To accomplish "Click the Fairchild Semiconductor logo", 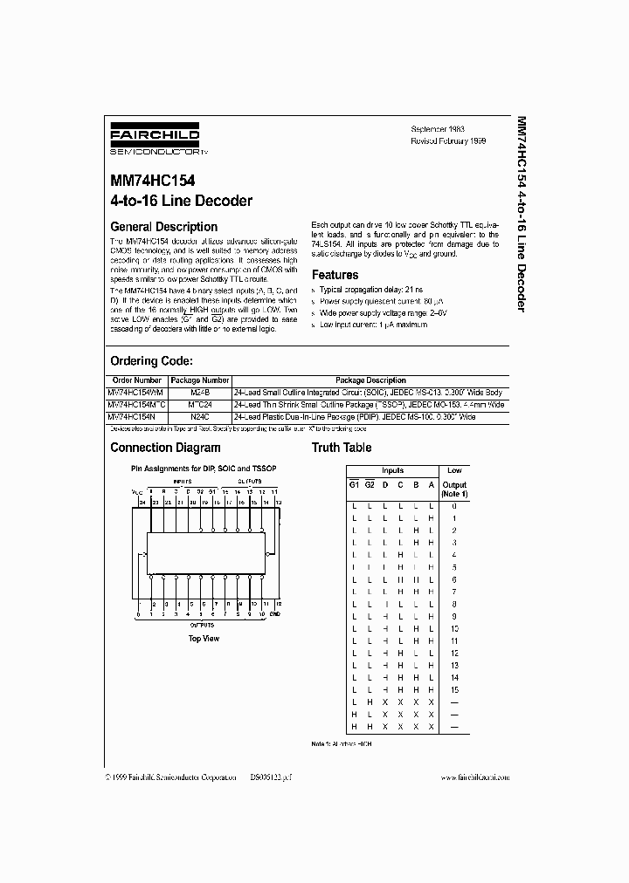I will (155, 139).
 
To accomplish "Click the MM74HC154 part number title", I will (153, 181).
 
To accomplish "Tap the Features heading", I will (335, 275).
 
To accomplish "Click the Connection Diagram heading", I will (165, 448).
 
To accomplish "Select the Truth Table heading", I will (342, 448).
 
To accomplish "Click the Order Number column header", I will (137, 380).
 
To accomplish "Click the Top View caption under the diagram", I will (204, 639).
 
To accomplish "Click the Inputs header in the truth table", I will (392, 470).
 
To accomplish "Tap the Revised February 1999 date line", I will (448, 140).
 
